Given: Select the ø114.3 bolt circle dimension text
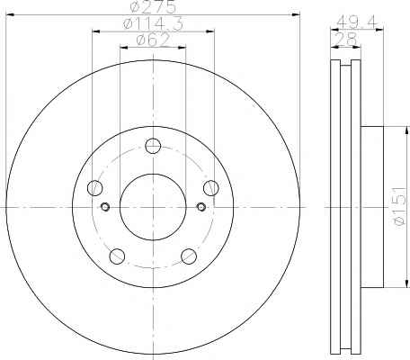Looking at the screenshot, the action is [x=153, y=23].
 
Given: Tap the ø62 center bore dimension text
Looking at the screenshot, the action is [x=153, y=40].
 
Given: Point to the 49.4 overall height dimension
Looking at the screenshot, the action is [x=356, y=22].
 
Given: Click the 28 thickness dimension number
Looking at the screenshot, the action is [x=345, y=39].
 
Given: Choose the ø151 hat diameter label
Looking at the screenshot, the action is [x=399, y=206].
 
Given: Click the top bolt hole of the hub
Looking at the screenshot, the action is [x=153, y=146].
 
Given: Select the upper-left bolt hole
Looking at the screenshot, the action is [x=94, y=188].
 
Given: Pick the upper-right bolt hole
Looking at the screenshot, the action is [x=211, y=188].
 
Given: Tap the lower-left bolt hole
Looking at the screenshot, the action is [x=117, y=256].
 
